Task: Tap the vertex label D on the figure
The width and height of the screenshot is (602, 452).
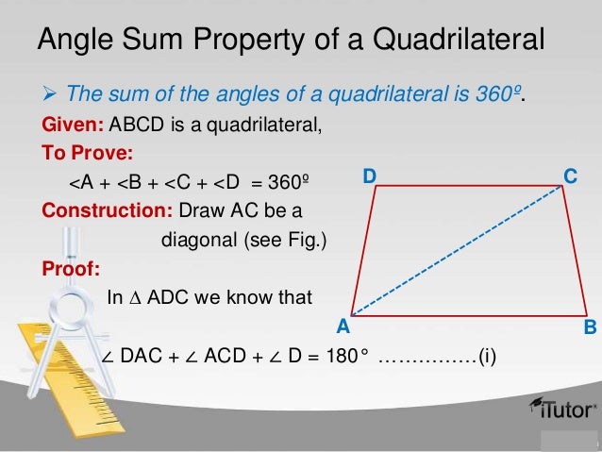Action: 370,176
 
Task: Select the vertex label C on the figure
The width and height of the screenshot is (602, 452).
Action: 570,176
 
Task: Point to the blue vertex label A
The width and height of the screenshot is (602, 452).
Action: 343,327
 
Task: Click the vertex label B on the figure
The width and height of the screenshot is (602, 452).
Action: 590,327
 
